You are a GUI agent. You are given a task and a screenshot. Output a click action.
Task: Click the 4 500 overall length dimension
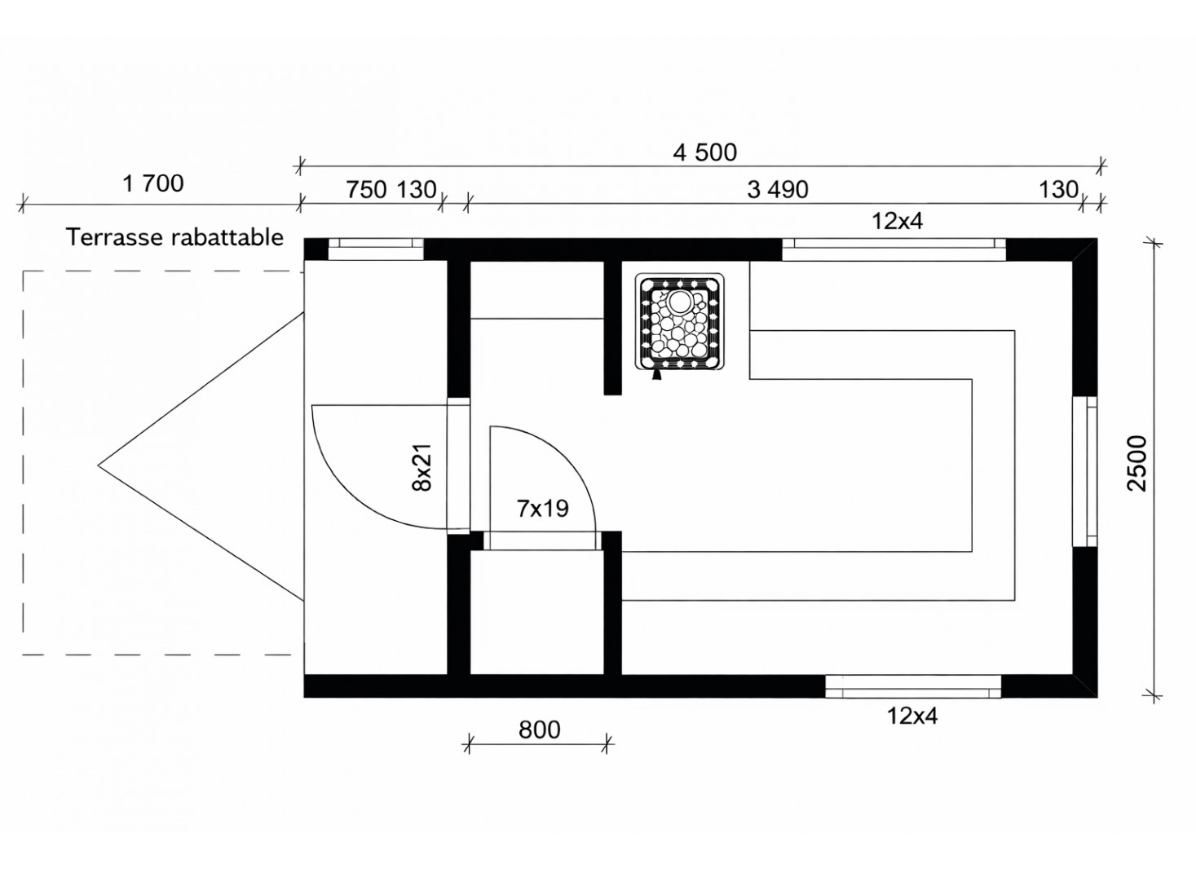pos(704,152)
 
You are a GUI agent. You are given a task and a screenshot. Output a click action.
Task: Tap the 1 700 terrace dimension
pos(153,183)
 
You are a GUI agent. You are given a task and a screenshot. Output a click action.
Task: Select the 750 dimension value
pos(366,189)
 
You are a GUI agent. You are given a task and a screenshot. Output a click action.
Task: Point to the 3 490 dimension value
pos(778,189)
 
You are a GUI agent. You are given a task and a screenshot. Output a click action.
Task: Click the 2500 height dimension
pos(1136,463)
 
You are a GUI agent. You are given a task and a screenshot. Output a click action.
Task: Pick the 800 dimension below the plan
pos(539,730)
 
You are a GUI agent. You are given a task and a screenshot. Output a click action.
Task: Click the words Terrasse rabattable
pos(174,237)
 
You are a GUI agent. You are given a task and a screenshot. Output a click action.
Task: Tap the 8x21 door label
pos(421,468)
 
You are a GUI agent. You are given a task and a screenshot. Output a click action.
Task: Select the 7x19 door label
pos(542,509)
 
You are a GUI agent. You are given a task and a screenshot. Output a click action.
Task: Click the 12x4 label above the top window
pos(897,221)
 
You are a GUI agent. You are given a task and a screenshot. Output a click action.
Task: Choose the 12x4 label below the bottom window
pos(912,716)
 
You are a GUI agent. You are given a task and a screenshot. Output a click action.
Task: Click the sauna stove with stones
pos(679,321)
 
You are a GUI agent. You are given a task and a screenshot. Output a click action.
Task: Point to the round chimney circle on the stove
pos(680,302)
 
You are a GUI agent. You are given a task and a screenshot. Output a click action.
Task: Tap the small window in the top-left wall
pos(375,249)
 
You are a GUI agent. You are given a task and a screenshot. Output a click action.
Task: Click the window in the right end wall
pos(1085,471)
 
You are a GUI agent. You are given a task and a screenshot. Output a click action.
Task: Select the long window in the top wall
pos(894,249)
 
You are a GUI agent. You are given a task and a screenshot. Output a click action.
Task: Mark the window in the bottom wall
pos(913,686)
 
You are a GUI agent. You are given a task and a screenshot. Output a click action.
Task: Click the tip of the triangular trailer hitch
pos(99,465)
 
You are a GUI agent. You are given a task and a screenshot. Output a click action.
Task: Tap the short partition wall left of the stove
pos(612,328)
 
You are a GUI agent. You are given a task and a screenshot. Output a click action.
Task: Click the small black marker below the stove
pos(656,375)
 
